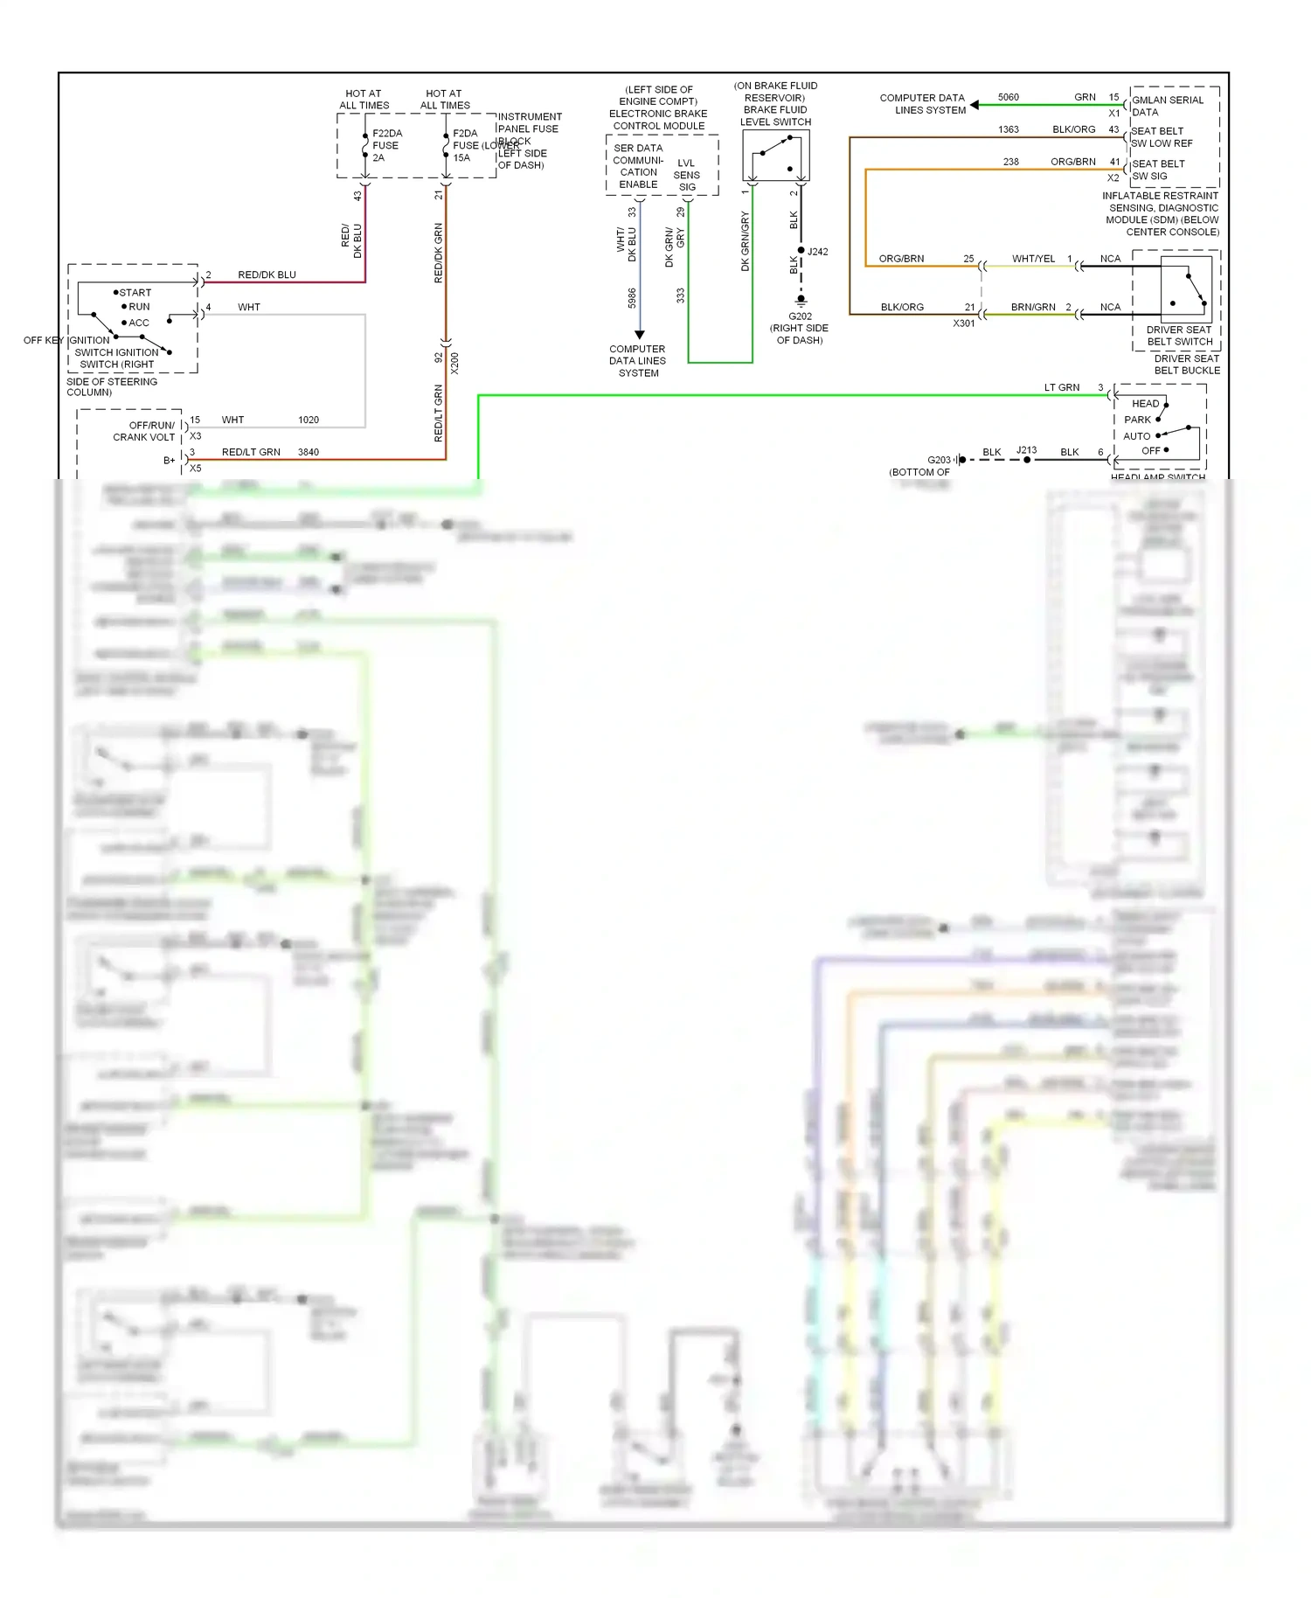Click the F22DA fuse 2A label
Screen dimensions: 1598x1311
pyautogui.click(x=386, y=146)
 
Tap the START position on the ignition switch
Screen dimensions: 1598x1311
pyautogui.click(x=135, y=293)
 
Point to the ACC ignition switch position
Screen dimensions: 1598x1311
pyautogui.click(x=138, y=323)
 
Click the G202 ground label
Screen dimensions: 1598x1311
pyautogui.click(x=800, y=316)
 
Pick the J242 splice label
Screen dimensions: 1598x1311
pyautogui.click(x=817, y=252)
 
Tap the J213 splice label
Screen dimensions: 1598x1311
pyautogui.click(x=1026, y=450)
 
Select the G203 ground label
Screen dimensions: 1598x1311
pyautogui.click(x=939, y=460)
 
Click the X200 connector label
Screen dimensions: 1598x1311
pyautogui.click(x=454, y=363)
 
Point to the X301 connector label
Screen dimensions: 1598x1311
pyautogui.click(x=963, y=323)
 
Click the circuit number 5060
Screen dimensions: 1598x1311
pyautogui.click(x=1008, y=97)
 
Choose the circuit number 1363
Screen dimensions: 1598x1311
pyautogui.click(x=1008, y=129)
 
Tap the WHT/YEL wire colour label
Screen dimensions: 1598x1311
pyautogui.click(x=1033, y=259)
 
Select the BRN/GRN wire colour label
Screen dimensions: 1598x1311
pyautogui.click(x=1033, y=307)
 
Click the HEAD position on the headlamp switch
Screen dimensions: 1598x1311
pyautogui.click(x=1145, y=404)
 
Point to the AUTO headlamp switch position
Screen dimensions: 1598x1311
pyautogui.click(x=1137, y=436)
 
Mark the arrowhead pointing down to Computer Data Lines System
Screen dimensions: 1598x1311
pyautogui.click(x=639, y=335)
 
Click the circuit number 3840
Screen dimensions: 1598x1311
pyautogui.click(x=308, y=452)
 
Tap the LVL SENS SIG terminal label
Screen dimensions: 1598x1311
pyautogui.click(x=686, y=175)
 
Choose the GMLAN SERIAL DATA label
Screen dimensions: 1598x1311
pyautogui.click(x=1167, y=106)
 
